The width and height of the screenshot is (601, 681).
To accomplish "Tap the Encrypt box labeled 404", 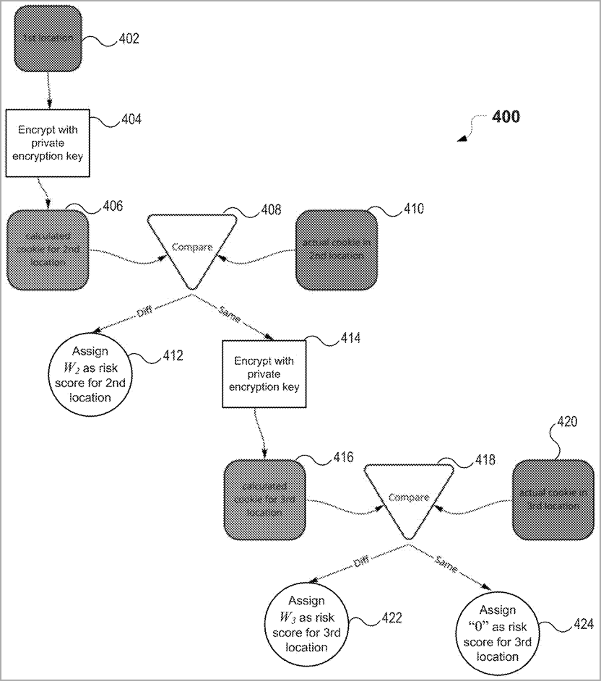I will (47, 142).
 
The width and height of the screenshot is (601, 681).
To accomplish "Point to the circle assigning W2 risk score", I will (91, 374).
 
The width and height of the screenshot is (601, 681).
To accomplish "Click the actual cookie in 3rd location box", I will (553, 499).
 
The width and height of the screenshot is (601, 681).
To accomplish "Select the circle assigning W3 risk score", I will (307, 623).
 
